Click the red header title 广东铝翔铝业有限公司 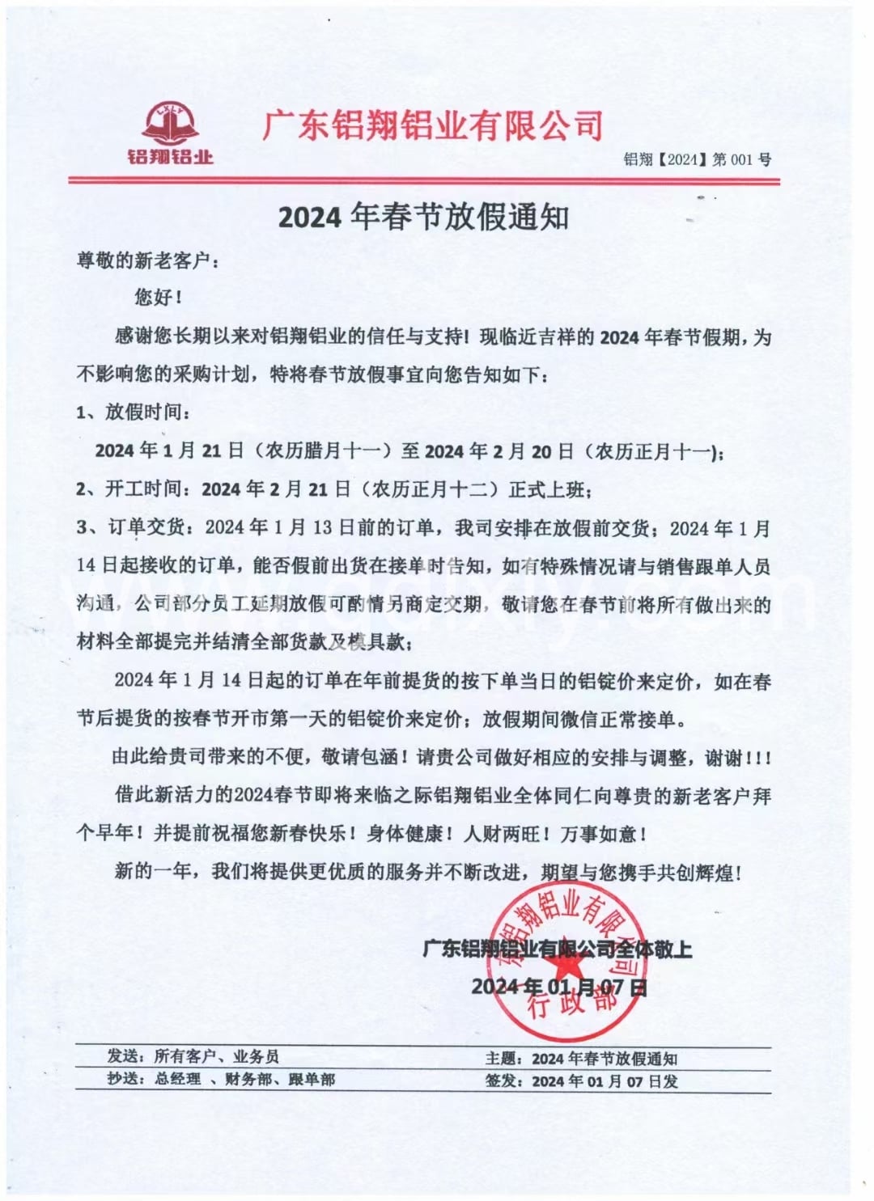434,125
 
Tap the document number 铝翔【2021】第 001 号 697,159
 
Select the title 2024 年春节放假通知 423,217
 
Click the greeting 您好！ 158,298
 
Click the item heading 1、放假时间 134,412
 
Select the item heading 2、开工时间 134,489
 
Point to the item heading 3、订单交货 134,528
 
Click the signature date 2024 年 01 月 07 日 558,987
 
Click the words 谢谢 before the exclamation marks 723,758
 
